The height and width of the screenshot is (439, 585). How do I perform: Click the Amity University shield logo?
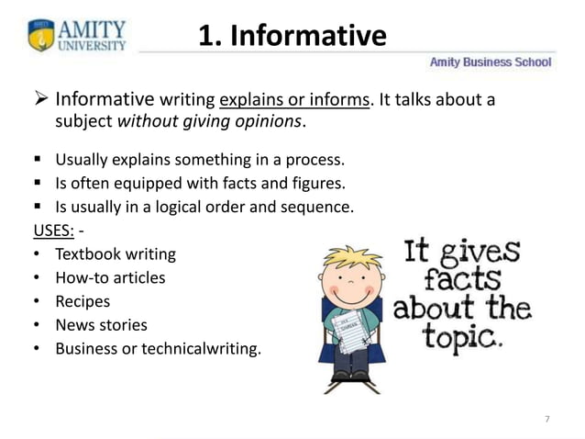tap(39, 36)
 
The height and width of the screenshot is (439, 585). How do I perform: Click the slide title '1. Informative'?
tap(292, 36)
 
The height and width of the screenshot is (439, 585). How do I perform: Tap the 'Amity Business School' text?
tap(491, 62)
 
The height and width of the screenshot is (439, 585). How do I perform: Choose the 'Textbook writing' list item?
tap(116, 253)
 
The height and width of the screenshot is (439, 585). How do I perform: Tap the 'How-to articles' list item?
tap(110, 277)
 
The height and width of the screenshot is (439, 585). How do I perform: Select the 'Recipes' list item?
tap(83, 301)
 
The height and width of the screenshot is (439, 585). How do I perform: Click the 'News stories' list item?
tap(101, 325)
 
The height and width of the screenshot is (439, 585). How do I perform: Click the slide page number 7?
tap(547, 419)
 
